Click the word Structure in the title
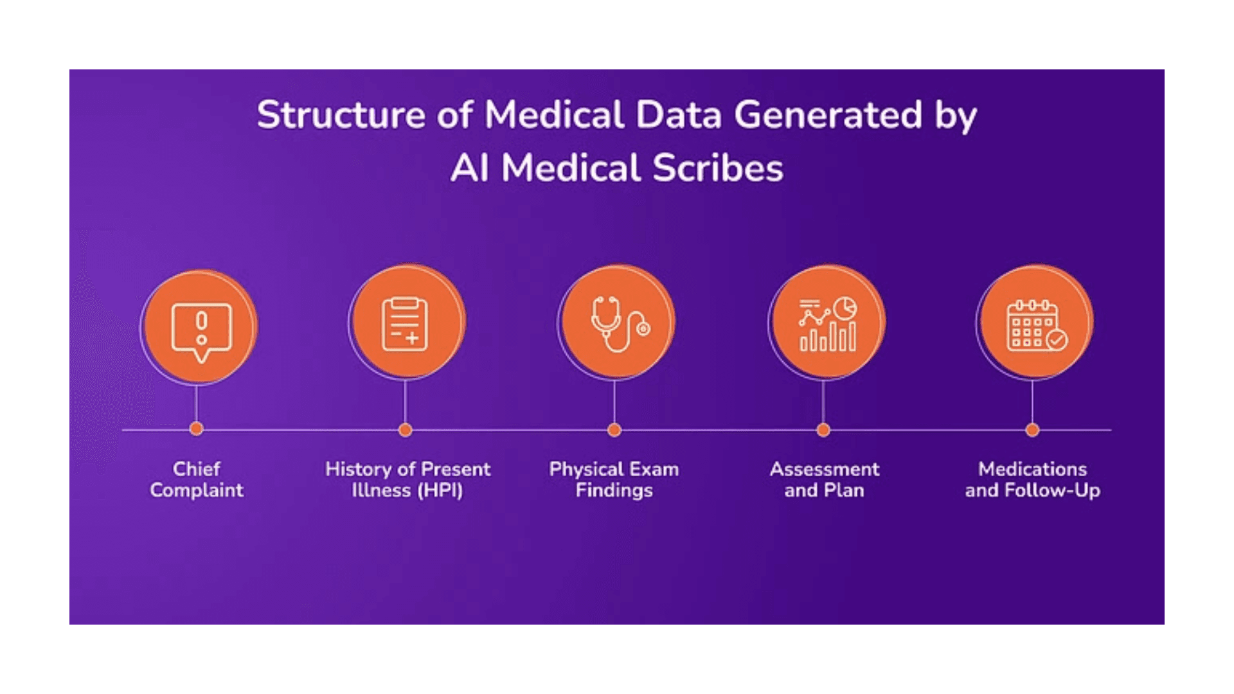341,116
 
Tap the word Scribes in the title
718,168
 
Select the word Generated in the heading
828,116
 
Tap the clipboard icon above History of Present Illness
405,325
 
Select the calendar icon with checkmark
1035,325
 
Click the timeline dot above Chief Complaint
197,429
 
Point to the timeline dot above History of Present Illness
405,430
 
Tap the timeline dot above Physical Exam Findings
614,430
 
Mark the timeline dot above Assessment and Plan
823,430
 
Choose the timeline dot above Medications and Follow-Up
1032,430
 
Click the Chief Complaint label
197,479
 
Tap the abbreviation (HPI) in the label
440,491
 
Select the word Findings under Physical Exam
614,491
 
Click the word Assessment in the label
825,469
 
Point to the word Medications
1032,469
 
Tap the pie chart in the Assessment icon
845,308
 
